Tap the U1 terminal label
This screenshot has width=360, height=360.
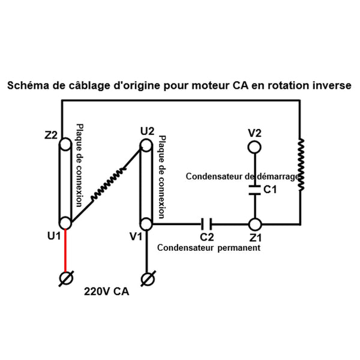pyautogui.click(x=53, y=236)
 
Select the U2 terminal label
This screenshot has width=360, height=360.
pyautogui.click(x=146, y=131)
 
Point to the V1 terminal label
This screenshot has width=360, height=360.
pyautogui.click(x=136, y=236)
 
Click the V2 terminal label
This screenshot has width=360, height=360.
pyautogui.click(x=255, y=132)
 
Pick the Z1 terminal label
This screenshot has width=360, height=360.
pyautogui.click(x=256, y=237)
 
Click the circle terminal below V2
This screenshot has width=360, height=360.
pyautogui.click(x=255, y=146)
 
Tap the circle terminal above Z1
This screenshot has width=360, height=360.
pyautogui.click(x=255, y=224)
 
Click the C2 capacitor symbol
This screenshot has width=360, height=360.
pyautogui.click(x=207, y=224)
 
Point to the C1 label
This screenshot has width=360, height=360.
pyautogui.click(x=270, y=191)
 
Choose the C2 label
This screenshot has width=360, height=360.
pyautogui.click(x=207, y=237)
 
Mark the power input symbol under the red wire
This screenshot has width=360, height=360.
pyautogui.click(x=66, y=278)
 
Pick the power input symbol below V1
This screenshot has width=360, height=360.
pyautogui.click(x=146, y=278)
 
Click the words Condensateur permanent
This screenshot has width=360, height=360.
pyautogui.click(x=208, y=247)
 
